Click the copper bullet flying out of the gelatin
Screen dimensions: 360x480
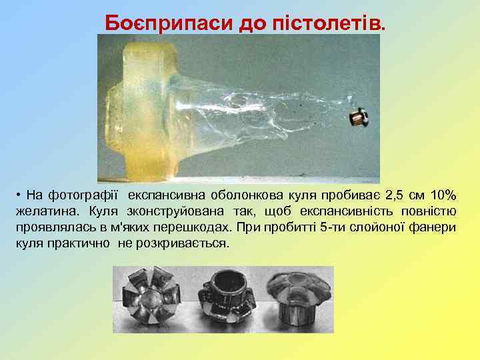point(359,119)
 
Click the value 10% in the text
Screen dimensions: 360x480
point(443,196)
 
